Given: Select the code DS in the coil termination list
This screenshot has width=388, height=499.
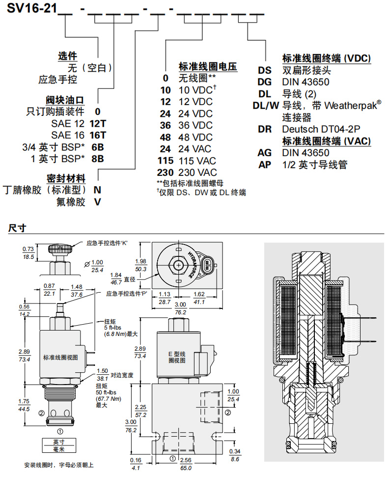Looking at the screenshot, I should pyautogui.click(x=265, y=70).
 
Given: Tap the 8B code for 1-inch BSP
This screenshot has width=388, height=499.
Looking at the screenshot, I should pyautogui.click(x=98, y=158).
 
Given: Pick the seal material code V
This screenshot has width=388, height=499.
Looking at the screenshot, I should pyautogui.click(x=97, y=201).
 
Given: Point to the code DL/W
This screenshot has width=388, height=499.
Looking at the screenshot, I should pyautogui.click(x=265, y=105).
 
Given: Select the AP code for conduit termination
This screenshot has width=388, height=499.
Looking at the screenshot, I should pyautogui.click(x=265, y=165).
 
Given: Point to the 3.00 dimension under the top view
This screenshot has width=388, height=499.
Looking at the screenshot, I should pyautogui.click(x=181, y=305).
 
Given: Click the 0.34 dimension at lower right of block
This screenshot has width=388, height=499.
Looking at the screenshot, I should pyautogui.click(x=234, y=451).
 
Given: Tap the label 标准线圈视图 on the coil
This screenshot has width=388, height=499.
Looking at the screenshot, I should pyautogui.click(x=60, y=358).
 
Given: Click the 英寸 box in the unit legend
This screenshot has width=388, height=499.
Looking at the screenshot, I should pyautogui.click(x=58, y=442).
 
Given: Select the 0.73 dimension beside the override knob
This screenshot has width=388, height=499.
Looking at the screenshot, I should pyautogui.click(x=28, y=249).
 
